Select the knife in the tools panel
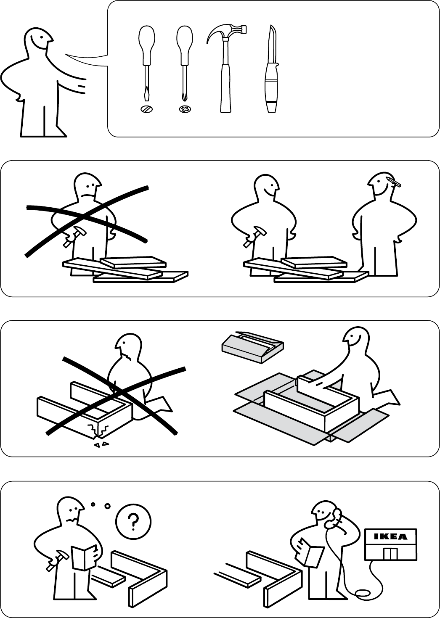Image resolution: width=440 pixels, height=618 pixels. pos(270,69)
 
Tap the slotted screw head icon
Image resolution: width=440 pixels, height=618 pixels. pos(146,109)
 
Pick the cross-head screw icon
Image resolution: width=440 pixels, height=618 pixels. pos(185,109)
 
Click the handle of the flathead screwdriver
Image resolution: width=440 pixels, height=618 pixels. pos(146,45)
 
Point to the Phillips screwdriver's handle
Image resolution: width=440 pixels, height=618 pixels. pos(185,45)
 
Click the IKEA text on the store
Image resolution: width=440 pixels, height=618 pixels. pos(390,536)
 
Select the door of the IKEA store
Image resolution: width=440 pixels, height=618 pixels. pos(391,552)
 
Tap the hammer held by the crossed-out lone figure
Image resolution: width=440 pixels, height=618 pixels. pos(74,236)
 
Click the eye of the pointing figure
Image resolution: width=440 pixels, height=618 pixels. pos(41,37)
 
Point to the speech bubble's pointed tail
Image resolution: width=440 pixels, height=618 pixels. pos(83,59)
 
